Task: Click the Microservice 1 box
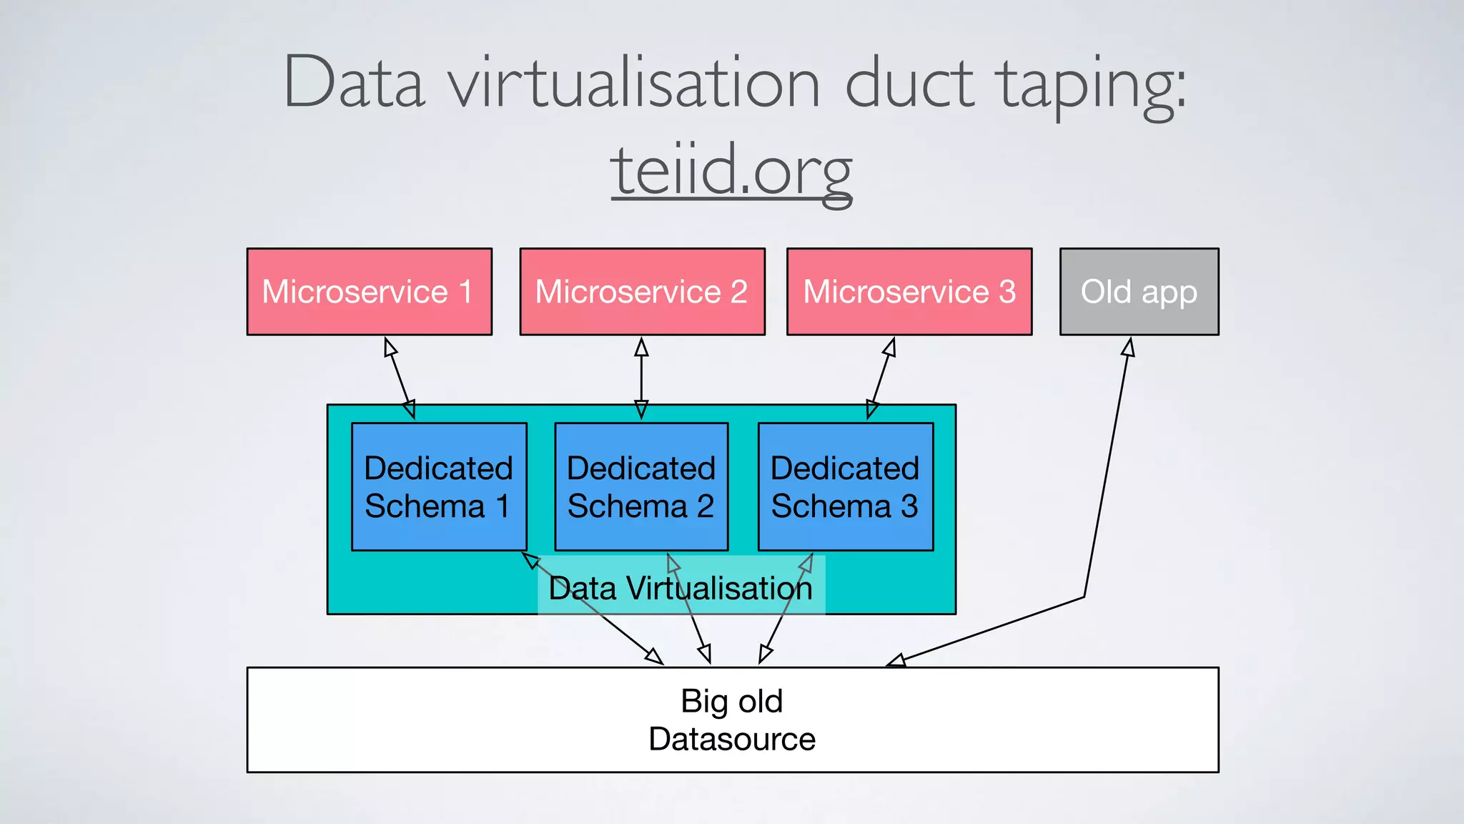[x=369, y=292]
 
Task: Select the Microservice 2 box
[x=642, y=292]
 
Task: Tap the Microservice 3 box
[x=909, y=292]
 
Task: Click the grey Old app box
[x=1139, y=292]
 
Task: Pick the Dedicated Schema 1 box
[x=439, y=487]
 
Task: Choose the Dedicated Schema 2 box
[x=641, y=487]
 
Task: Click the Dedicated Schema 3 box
[x=846, y=487]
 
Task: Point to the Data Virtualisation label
[x=681, y=588]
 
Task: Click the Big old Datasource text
[x=732, y=720]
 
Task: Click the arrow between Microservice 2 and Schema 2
[x=641, y=378]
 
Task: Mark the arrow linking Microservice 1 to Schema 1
[x=400, y=378]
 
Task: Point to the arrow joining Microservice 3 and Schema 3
[x=881, y=378]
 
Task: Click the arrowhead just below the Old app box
[x=1129, y=347]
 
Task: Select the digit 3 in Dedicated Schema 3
[x=909, y=506]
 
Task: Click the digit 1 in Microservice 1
[x=466, y=292]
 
